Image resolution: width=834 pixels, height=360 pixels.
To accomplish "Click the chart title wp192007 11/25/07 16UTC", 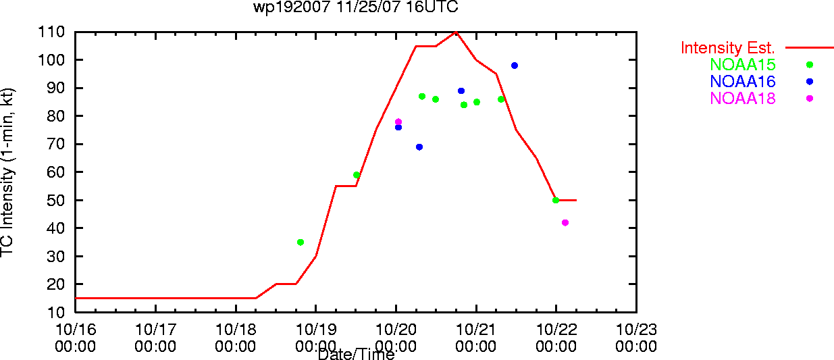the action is pos(356,7).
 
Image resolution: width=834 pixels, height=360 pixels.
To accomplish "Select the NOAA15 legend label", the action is pos(743,65).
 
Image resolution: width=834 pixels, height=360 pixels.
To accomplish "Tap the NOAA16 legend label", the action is pos(743,82).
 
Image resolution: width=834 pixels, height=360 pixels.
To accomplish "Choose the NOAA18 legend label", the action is pos(743,99).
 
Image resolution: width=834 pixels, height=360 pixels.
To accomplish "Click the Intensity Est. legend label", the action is pos(727,48).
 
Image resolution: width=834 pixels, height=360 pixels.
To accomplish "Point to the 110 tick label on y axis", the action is pos(51,32).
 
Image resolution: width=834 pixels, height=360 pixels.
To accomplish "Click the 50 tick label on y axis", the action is pos(55,201).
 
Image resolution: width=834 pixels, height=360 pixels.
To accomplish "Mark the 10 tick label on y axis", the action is pos(55,312).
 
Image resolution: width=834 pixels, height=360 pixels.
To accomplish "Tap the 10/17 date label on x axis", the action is pos(155,330).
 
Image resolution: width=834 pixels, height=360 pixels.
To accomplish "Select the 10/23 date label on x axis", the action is pos(636,330).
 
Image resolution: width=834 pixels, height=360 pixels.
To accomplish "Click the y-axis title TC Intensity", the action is pos(7,172).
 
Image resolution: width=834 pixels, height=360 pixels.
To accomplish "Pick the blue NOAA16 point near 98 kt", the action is pos(515,66).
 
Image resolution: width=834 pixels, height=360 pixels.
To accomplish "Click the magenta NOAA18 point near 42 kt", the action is pos(565,223).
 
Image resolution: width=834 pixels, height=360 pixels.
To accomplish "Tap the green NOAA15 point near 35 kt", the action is pos(301,242).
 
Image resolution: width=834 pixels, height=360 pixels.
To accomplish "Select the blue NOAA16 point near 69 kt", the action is pos(419,147).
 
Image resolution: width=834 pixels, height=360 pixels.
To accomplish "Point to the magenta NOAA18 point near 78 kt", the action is pos(398,122).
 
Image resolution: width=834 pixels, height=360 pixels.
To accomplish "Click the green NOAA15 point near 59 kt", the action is pos(357,175).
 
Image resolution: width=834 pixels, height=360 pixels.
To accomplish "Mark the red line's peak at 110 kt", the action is pos(456,32).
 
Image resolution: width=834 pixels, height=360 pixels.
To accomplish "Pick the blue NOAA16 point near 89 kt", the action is pos(461,91).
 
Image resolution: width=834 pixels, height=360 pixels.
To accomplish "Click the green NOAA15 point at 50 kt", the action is pos(556,201).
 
